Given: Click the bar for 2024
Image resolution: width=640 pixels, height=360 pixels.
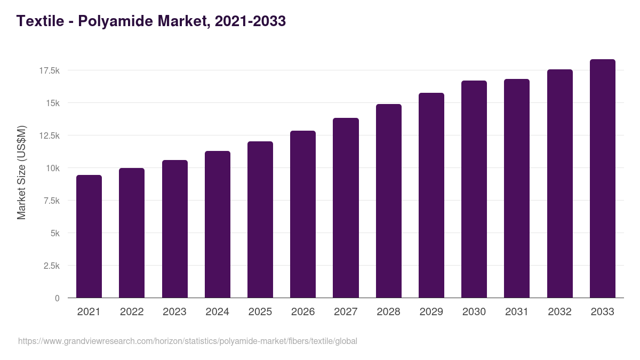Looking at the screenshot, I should coord(217,225).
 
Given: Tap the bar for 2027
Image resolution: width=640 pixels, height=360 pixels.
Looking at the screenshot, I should coord(346,208).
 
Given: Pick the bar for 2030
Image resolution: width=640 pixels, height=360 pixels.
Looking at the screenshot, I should coord(474,189).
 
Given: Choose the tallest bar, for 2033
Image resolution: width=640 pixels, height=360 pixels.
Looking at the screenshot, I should coord(602,179).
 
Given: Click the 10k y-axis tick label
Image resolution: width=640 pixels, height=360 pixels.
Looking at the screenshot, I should coord(52,168).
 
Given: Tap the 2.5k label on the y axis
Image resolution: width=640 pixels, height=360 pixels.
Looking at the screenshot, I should coord(51,266).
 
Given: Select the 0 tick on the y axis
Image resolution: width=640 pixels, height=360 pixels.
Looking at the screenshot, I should coord(57,298).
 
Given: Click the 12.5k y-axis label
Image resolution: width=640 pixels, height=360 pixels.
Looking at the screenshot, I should coord(50,135).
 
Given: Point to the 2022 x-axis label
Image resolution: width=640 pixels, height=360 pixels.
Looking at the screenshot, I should coord(132,312).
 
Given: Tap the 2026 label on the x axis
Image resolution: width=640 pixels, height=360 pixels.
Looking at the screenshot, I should coord(303,312).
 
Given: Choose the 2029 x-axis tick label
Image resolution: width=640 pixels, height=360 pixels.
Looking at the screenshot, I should coord(431,312).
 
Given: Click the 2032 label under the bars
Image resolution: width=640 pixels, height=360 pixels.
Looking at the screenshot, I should coord(559,312).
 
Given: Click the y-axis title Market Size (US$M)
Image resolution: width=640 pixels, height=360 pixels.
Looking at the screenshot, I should coord(21,172).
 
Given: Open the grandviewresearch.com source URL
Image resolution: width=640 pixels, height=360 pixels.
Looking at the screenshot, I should coord(188,341).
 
